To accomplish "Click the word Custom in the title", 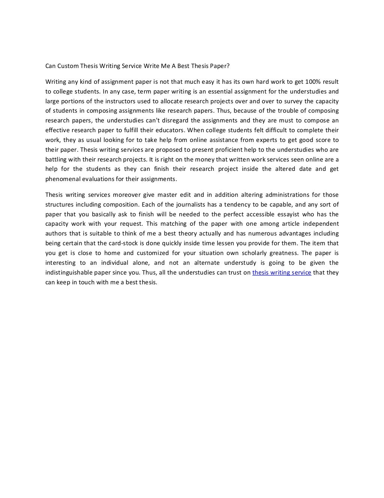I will pos(68,66).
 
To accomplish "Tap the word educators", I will pos(171,130).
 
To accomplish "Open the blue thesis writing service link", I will pos(282,273).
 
